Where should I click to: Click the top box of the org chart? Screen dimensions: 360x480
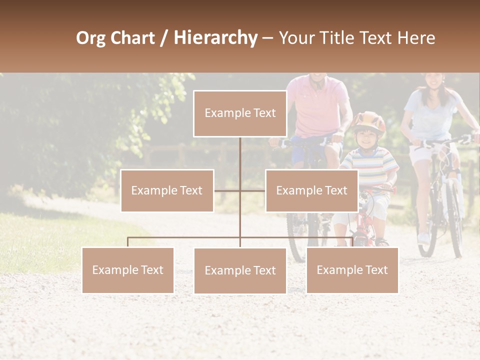click(x=240, y=113)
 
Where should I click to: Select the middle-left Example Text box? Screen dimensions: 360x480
click(x=167, y=190)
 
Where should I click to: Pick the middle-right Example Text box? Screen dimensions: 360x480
click(x=311, y=190)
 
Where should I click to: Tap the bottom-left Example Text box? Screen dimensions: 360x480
click(x=128, y=270)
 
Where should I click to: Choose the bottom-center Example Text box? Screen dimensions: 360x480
click(x=240, y=270)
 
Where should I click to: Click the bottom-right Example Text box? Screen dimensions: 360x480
click(x=352, y=270)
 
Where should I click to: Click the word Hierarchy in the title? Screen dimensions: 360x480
click(x=215, y=37)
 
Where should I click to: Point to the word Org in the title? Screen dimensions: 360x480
click(x=90, y=38)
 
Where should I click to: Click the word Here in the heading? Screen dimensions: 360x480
click(x=416, y=37)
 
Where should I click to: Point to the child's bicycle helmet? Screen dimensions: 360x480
click(x=368, y=122)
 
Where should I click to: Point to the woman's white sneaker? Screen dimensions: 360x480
click(x=423, y=238)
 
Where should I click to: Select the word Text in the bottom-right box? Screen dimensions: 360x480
click(x=376, y=270)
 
